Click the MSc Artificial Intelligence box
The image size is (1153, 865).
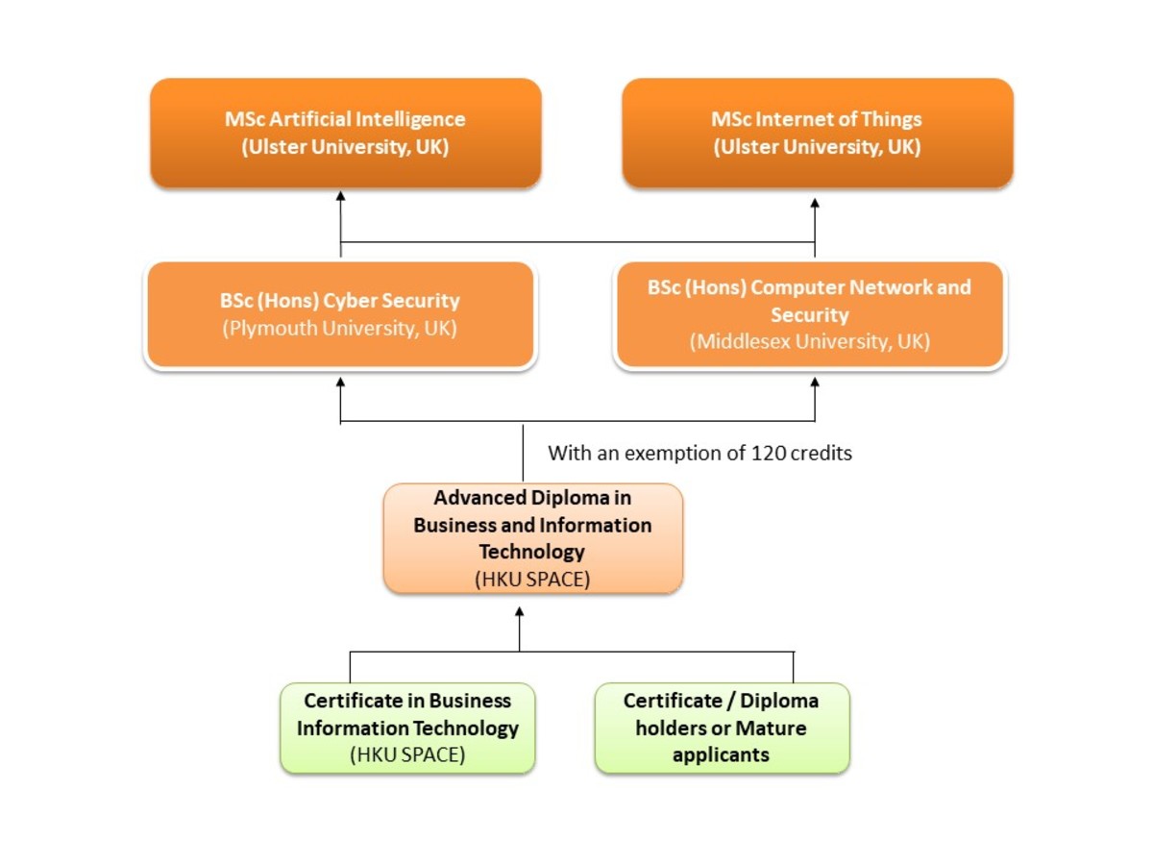346,133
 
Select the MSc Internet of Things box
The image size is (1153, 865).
817,133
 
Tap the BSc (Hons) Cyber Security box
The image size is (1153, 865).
339,314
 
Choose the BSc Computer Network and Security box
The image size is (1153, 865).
809,314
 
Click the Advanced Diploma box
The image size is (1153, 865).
532,537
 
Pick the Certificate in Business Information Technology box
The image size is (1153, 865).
407,728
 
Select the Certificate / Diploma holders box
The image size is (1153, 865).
722,728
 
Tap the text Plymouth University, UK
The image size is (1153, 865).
339,329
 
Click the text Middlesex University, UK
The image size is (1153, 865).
809,341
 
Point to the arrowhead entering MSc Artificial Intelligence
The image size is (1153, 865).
340,195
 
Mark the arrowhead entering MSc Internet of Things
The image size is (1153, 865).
815,204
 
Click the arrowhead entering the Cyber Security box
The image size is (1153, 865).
340,382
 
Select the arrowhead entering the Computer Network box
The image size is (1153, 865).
815,382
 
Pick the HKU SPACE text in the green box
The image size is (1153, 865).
407,754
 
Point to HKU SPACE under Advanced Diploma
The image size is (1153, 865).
532,579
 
